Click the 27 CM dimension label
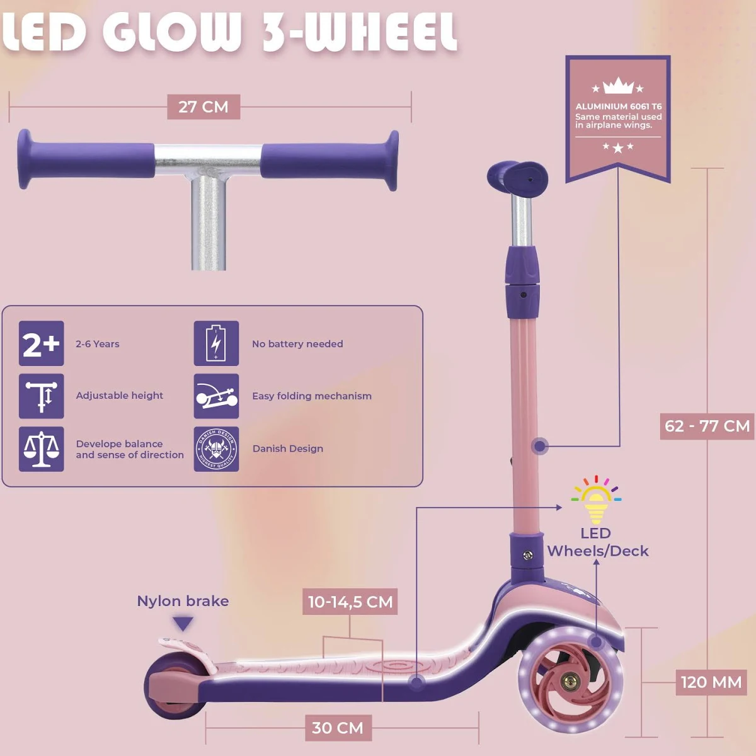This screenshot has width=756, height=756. pyautogui.click(x=203, y=107)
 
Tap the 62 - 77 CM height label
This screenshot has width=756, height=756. pyautogui.click(x=707, y=427)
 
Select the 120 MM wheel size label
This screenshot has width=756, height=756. pyautogui.click(x=711, y=682)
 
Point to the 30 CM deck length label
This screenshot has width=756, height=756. pyautogui.click(x=338, y=728)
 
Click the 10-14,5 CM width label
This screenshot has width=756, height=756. pyautogui.click(x=350, y=602)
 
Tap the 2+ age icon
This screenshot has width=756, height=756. pyautogui.click(x=42, y=344)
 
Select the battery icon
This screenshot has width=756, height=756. pyautogui.click(x=216, y=344)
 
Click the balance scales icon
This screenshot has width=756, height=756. pyautogui.click(x=42, y=449)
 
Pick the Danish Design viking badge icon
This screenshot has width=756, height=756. pyautogui.click(x=216, y=449)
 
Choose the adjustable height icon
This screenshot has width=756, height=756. pyautogui.click(x=42, y=396)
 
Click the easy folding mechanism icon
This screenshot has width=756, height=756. pyautogui.click(x=216, y=396)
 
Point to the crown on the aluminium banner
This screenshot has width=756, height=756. pyautogui.click(x=618, y=86)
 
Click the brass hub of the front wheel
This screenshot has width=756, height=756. pyautogui.click(x=571, y=681)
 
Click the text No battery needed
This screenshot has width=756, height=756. pyautogui.click(x=297, y=344)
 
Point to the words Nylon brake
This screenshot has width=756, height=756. pyautogui.click(x=183, y=601)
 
